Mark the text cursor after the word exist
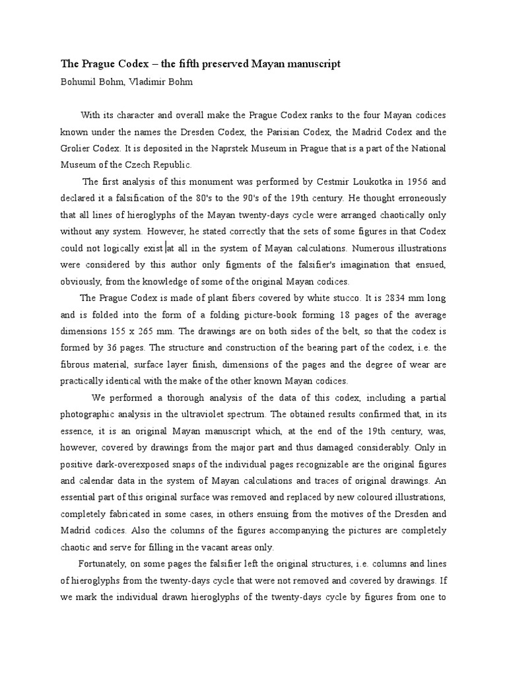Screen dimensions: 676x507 click(166, 249)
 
